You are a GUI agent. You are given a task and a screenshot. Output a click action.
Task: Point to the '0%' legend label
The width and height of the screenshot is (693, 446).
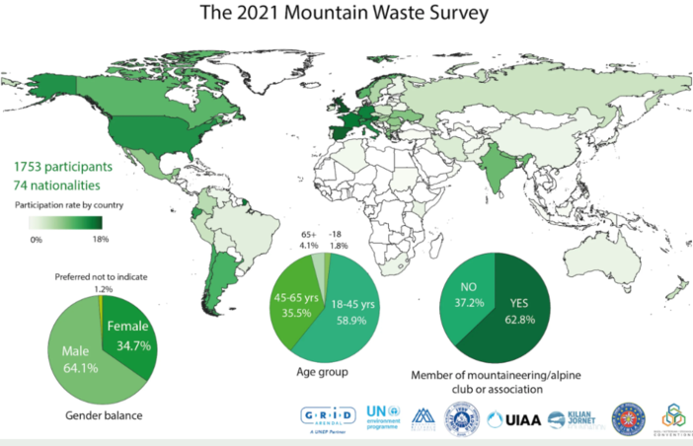click(35, 239)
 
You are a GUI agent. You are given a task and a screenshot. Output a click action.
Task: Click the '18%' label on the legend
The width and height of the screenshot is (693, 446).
click(99, 239)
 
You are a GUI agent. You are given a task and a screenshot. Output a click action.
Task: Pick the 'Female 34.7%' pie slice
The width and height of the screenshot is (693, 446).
click(126, 335)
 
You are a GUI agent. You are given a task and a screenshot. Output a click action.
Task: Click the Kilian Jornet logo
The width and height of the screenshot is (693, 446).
click(571, 419)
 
